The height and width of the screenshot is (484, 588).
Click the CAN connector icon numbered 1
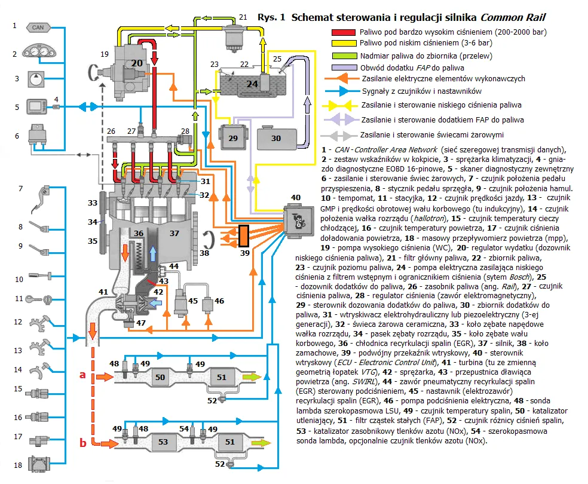tap(38, 27)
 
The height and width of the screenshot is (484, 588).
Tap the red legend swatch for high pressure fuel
tap(343, 32)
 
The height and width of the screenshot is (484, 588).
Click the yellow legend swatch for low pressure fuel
tap(343, 43)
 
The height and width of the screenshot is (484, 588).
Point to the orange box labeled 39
tap(243, 235)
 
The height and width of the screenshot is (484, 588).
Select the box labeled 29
tap(232, 137)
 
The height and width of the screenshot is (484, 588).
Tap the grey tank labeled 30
tap(276, 138)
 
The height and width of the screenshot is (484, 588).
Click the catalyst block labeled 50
tap(160, 378)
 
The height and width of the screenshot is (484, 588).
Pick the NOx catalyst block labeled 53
tap(163, 443)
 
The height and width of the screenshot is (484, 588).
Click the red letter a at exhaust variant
tap(83, 375)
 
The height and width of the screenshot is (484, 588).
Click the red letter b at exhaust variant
tap(83, 443)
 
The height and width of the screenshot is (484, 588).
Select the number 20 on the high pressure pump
tap(137, 63)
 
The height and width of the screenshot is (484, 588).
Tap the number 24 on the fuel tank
tap(252, 84)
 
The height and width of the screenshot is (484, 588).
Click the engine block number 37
tap(174, 232)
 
